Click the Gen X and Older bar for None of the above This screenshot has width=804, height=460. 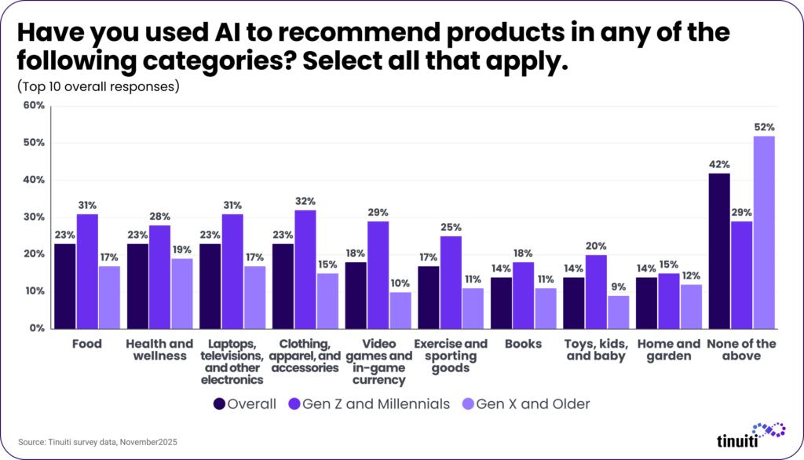tap(764, 232)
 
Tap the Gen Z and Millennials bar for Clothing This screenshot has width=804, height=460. tap(305, 269)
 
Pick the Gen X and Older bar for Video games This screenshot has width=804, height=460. tap(400, 310)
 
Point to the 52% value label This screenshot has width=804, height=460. tap(765, 127)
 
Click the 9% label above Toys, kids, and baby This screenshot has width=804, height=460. tap(619, 287)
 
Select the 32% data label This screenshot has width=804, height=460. tap(305, 201)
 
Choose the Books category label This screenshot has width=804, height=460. tap(524, 344)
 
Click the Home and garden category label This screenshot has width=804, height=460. tap(669, 350)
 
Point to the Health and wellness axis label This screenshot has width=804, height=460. tap(159, 350)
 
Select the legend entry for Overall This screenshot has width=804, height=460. tap(245, 403)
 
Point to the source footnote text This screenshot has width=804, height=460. tap(97, 442)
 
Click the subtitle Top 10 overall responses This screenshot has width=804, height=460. tap(98, 86)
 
